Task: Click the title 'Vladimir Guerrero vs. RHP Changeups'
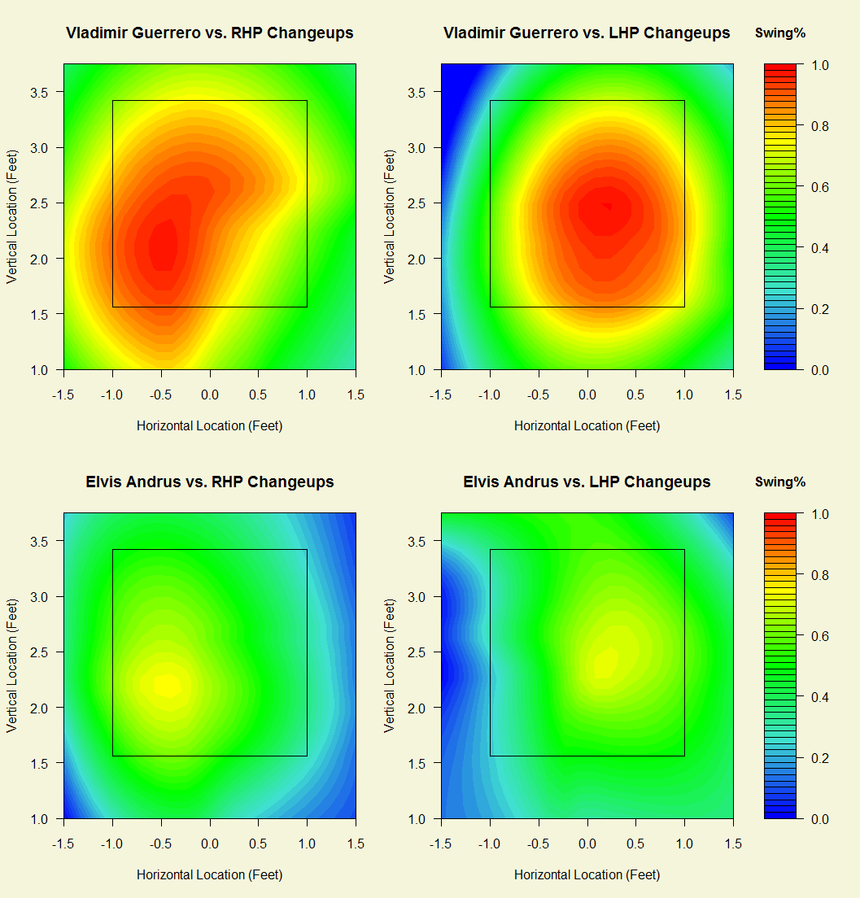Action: pyautogui.click(x=210, y=33)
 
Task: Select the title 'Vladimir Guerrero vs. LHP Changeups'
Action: pyautogui.click(x=587, y=33)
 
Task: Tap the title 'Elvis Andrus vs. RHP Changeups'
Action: pyautogui.click(x=210, y=482)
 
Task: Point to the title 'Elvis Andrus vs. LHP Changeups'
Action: pyautogui.click(x=587, y=482)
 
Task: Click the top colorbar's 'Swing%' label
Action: pyautogui.click(x=780, y=33)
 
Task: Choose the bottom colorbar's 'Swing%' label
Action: pyautogui.click(x=780, y=482)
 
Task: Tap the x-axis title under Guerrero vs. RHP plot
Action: pyautogui.click(x=210, y=425)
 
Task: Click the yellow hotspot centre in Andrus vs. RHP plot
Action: pyautogui.click(x=167, y=686)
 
